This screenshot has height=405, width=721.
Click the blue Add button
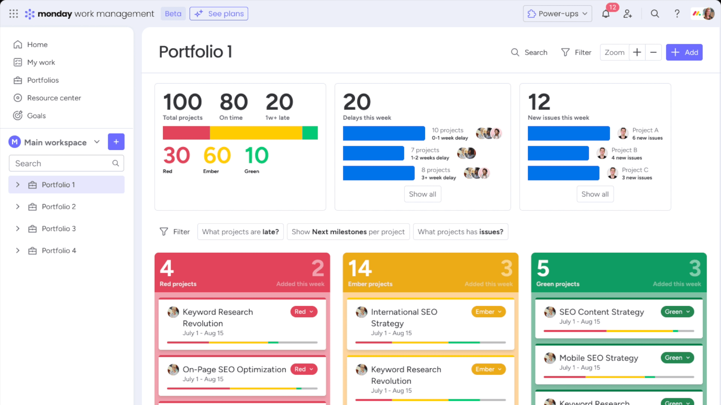pos(684,52)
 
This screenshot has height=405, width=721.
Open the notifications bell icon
pos(606,14)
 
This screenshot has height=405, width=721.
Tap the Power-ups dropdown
pos(557,14)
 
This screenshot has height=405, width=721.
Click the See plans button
pos(219,14)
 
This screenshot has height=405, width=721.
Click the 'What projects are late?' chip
pos(240,232)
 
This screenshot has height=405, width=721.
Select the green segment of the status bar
pos(310,133)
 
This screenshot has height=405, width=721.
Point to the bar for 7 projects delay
pos(373,153)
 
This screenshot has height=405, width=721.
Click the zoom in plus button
pos(637,52)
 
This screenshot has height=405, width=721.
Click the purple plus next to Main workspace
pos(116,142)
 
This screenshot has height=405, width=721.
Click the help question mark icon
pos(677,14)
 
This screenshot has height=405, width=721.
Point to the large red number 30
pos(176,155)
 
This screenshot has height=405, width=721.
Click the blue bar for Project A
pos(569,133)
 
